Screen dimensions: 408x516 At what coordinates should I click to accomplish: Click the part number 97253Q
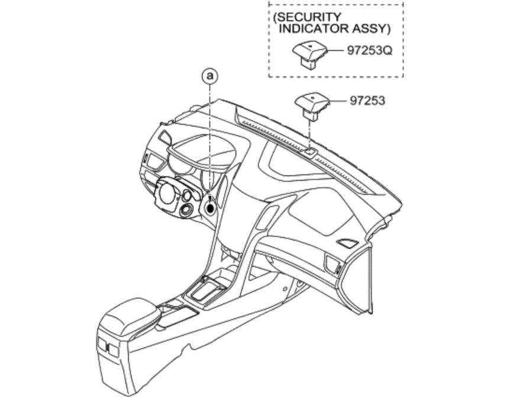[369, 51]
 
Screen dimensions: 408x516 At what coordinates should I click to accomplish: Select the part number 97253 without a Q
[367, 101]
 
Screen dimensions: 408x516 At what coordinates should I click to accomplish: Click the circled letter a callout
[209, 76]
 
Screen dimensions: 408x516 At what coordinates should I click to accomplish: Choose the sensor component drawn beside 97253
[312, 104]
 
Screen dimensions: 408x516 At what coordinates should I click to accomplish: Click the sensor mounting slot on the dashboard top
[309, 153]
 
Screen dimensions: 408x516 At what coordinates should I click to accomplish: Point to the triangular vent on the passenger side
[347, 242]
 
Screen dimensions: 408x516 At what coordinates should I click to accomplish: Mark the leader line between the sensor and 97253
[338, 101]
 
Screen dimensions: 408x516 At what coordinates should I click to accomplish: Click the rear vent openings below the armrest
[108, 349]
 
